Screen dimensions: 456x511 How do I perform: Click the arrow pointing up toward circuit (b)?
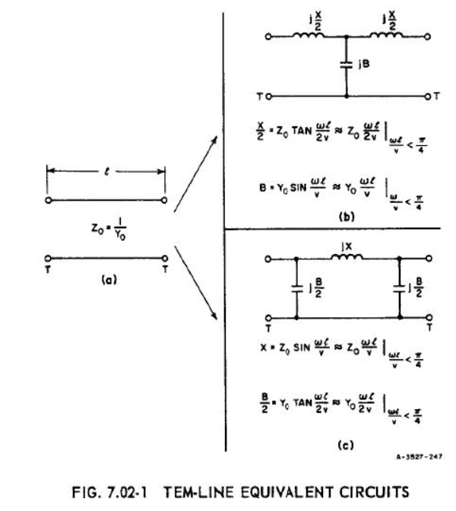click(196, 173)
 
